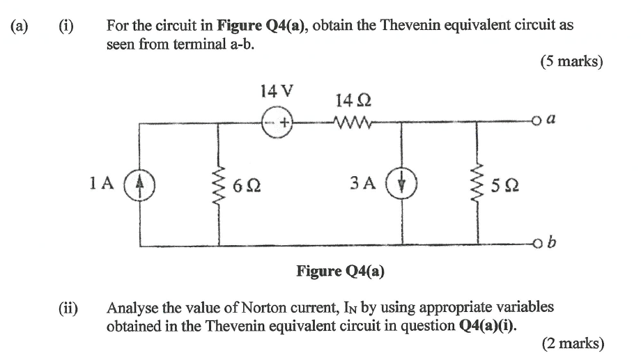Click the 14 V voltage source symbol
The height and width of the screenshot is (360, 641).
click(276, 123)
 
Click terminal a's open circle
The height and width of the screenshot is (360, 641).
click(539, 123)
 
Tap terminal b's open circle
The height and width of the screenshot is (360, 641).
click(539, 245)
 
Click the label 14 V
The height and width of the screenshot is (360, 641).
click(276, 91)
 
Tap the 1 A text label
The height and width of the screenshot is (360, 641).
click(101, 183)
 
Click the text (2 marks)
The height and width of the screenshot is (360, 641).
click(571, 343)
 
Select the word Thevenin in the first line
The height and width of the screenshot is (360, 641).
click(412, 26)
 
